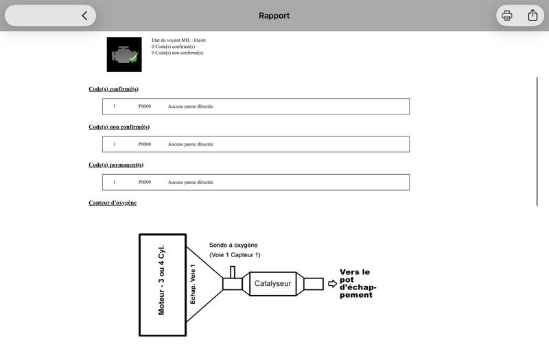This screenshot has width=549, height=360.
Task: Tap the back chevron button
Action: point(84,15)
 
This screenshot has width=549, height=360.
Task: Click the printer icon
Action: point(506,15)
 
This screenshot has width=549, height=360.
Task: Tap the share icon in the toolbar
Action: point(533,15)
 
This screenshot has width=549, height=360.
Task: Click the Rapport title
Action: point(274,16)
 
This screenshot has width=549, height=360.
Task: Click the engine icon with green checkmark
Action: point(124,55)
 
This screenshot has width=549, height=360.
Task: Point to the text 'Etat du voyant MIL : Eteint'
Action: point(178,40)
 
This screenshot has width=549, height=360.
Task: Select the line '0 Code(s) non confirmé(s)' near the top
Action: point(178,53)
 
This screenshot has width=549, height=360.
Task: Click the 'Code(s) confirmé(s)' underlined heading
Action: point(113,89)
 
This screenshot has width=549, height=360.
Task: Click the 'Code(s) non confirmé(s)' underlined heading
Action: point(119,127)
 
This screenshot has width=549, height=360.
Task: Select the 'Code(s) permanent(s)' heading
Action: point(116,165)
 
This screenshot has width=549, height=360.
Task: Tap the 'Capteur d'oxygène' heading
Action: point(113,202)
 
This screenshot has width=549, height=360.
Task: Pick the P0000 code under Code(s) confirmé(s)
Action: point(145,106)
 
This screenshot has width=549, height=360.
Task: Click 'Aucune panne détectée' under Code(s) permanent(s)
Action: point(191,182)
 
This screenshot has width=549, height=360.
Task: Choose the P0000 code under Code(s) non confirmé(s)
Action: point(145,144)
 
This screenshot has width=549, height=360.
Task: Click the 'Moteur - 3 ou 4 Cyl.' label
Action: point(161,280)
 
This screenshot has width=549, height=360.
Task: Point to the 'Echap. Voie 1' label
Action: point(193,284)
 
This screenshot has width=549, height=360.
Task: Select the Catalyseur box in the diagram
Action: point(272,284)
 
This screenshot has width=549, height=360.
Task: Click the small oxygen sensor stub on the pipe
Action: point(233,272)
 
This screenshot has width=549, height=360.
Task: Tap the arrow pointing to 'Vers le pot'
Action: point(333,283)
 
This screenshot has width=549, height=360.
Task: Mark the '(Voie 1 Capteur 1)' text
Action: point(235,255)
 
